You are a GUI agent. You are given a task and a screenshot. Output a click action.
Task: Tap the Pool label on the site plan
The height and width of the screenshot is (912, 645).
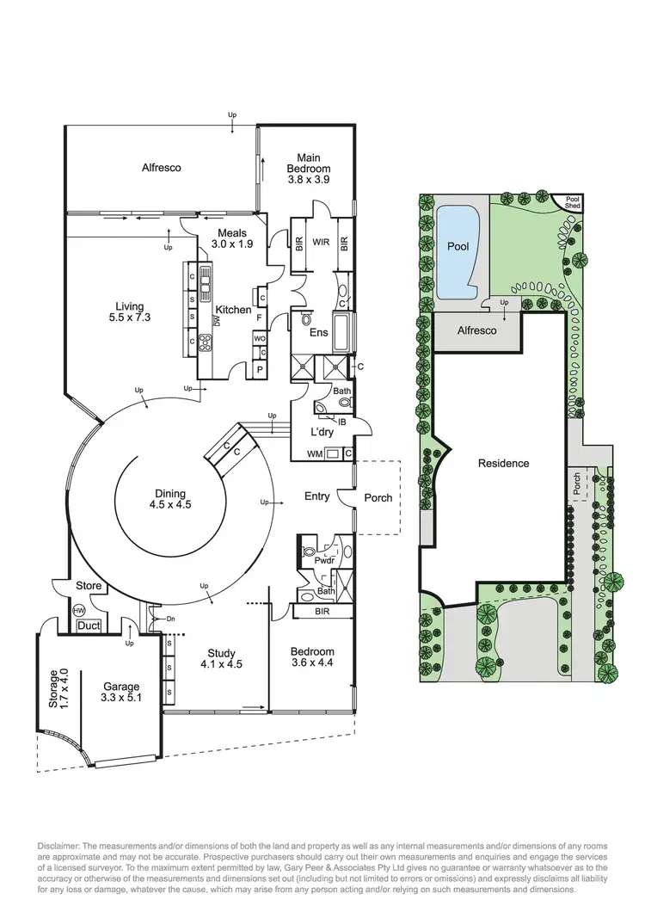[x=458, y=246]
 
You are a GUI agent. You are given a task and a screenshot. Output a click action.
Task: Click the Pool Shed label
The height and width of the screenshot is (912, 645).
[x=572, y=202]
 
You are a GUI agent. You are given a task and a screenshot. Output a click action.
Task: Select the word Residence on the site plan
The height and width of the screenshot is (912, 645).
[x=504, y=463]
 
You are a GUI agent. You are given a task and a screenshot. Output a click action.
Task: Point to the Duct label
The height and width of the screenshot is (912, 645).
[x=88, y=626]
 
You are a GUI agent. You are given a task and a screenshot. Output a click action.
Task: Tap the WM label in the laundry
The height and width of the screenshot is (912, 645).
[x=314, y=453]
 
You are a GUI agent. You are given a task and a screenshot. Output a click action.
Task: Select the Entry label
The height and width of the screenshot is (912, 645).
[x=317, y=496]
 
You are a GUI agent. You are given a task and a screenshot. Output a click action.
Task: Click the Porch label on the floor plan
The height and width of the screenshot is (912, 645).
[x=378, y=497]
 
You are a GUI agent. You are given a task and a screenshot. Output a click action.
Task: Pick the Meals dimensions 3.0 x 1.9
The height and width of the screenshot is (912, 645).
[x=232, y=244]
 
